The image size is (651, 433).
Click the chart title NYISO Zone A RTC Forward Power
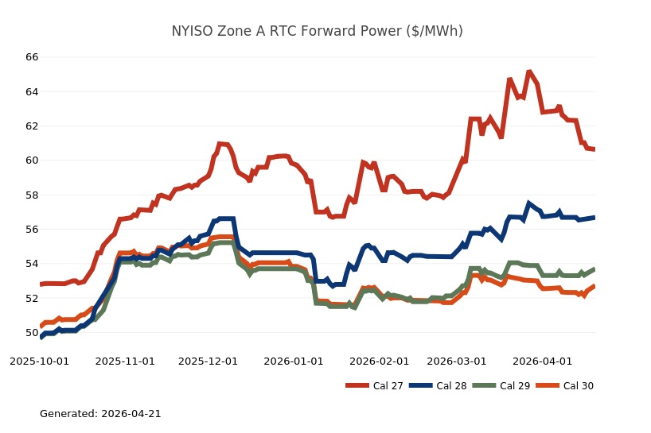click(317, 31)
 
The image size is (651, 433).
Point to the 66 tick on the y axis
click(32, 57)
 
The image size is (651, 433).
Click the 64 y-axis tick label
click(32, 91)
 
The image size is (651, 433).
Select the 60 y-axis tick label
click(32, 160)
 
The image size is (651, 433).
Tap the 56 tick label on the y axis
click(32, 230)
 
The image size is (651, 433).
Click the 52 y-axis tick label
click(32, 298)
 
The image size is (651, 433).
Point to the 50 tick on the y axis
click(32, 333)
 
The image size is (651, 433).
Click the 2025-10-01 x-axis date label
click(39, 361)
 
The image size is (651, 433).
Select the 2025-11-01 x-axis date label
click(126, 361)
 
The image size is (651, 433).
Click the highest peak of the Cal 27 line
click(529, 72)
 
